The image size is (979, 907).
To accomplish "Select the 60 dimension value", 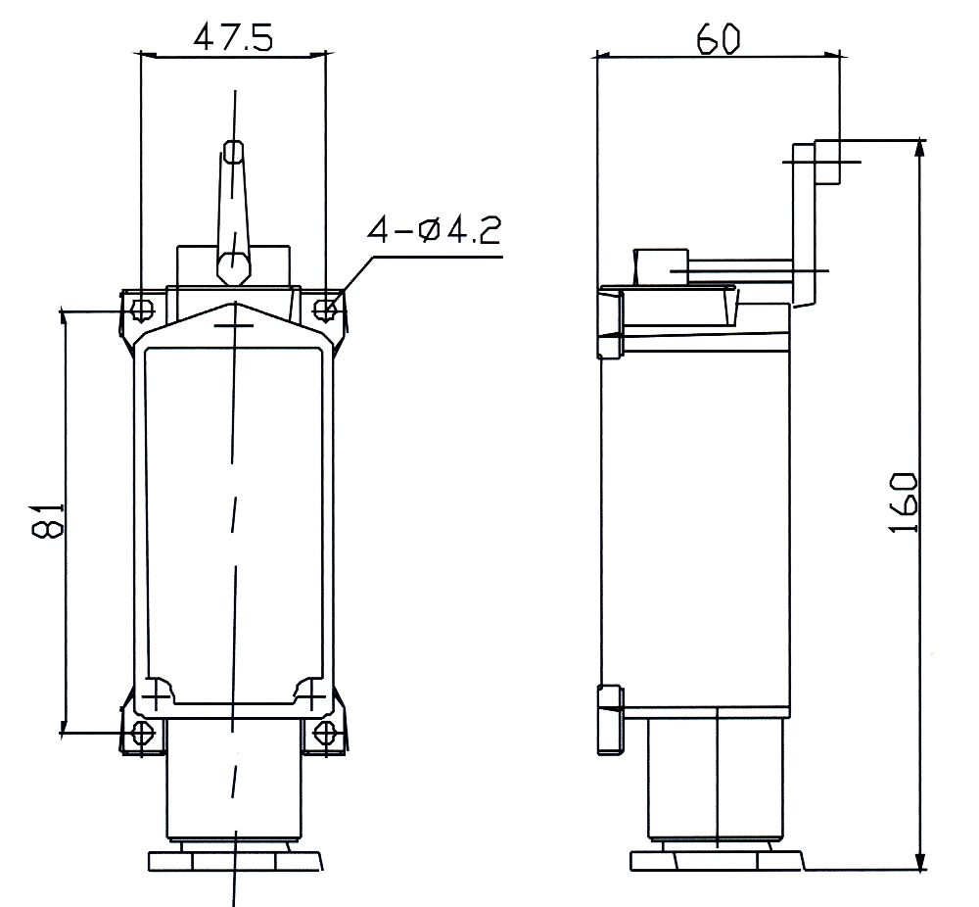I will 718,38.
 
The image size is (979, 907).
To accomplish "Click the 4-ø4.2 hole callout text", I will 434,232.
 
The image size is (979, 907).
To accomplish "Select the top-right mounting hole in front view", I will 326,310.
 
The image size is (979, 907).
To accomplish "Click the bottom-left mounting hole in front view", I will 142,733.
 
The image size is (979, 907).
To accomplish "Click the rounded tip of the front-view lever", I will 233,152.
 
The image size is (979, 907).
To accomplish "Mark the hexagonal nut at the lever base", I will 233,265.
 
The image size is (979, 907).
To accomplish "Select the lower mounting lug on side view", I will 608,720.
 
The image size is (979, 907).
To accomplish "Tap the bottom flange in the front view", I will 234,861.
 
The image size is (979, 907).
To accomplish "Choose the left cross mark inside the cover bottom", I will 156,697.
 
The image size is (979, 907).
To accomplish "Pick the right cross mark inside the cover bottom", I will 311,697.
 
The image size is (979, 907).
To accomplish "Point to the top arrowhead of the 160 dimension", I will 919,148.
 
